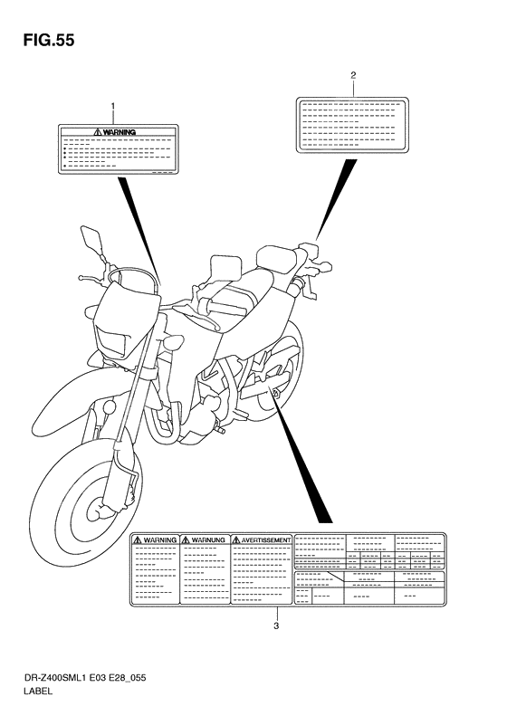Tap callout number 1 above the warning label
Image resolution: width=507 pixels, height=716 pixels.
click(x=113, y=107)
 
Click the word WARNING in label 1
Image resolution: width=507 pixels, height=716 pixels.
click(x=120, y=132)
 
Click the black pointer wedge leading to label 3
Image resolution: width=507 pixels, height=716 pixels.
click(x=303, y=462)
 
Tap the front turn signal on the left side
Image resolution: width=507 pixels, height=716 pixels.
click(x=171, y=346)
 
